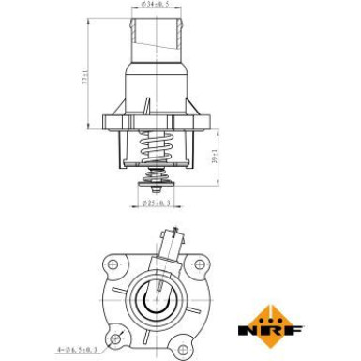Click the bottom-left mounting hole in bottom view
116,337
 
